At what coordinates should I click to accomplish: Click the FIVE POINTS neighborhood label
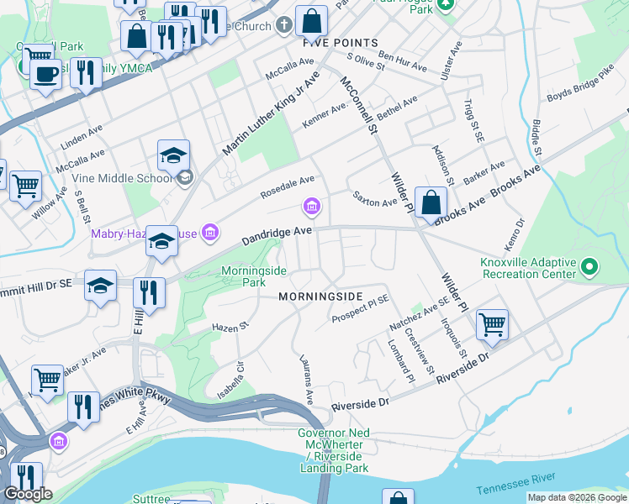[x=341, y=42]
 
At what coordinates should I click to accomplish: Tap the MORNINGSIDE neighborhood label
[x=320, y=297]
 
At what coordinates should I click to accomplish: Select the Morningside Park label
[x=254, y=276]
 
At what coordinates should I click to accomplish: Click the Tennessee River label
[x=515, y=483]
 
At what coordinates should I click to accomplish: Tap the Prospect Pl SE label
[x=359, y=310]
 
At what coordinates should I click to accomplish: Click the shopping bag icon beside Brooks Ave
[x=431, y=203]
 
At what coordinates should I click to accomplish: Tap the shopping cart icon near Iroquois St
[x=492, y=324]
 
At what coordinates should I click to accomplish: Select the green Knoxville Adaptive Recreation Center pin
[x=589, y=269]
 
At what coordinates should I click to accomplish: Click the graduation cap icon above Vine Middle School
[x=173, y=155]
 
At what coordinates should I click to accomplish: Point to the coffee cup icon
[x=45, y=74]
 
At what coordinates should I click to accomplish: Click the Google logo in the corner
[x=28, y=494]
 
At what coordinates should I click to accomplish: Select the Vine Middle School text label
[x=132, y=178]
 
